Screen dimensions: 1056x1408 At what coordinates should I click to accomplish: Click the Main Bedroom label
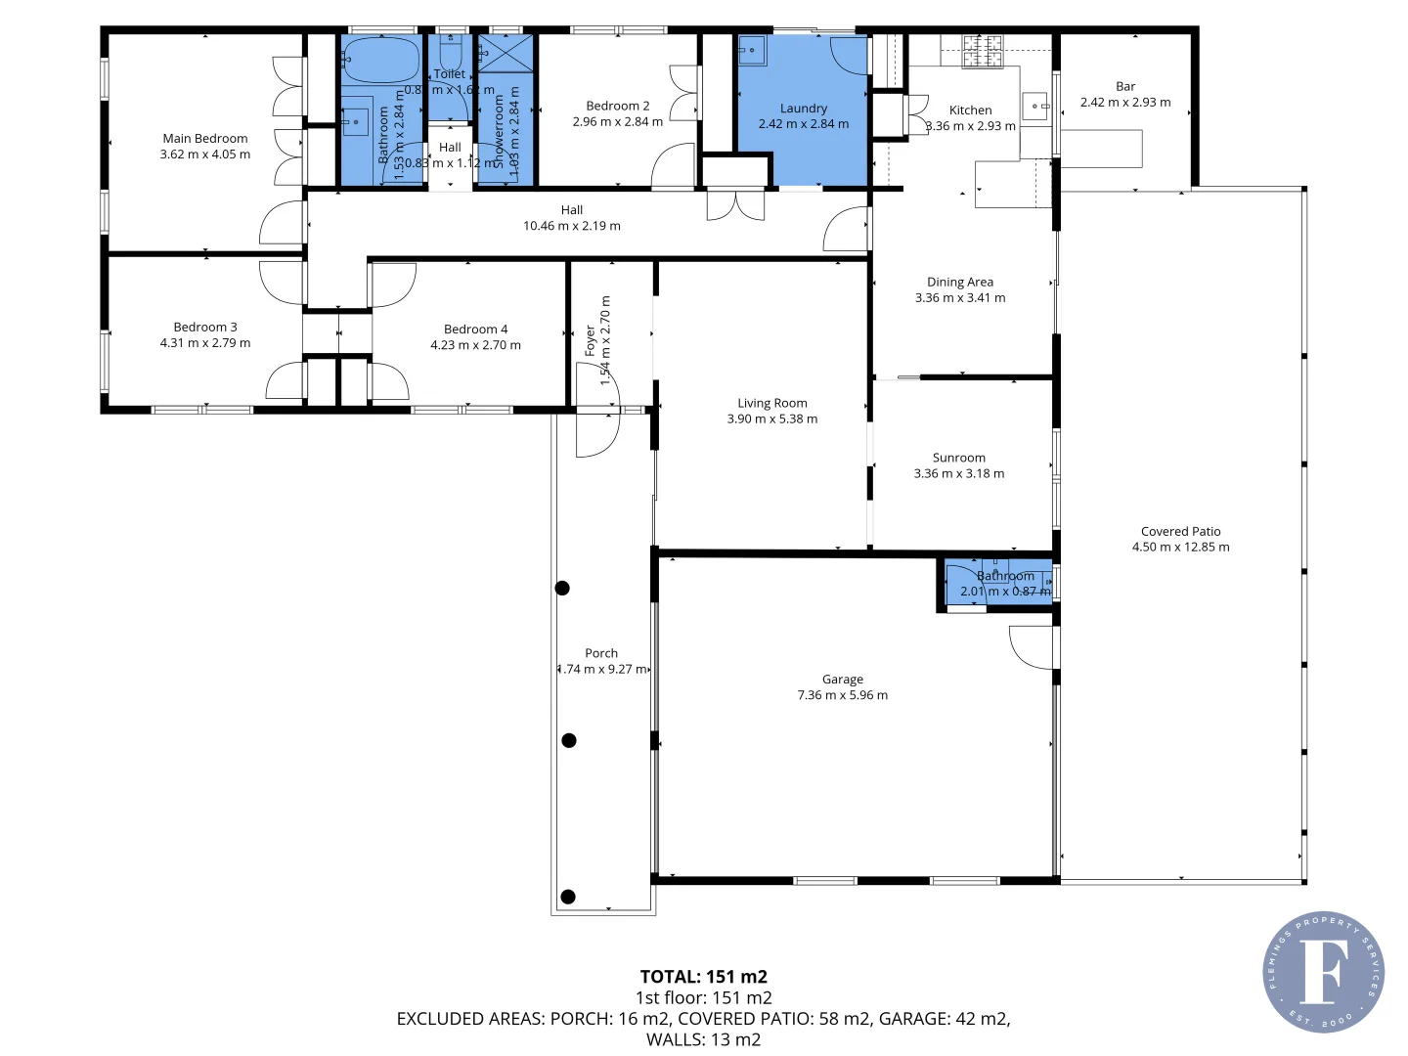point(205,139)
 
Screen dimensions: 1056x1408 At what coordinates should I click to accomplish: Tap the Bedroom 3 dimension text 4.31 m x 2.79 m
point(205,343)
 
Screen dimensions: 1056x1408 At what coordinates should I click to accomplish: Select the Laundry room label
point(804,109)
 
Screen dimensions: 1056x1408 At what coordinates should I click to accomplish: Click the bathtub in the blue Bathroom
point(381,61)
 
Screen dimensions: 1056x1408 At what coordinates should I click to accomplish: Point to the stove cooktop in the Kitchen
point(983,51)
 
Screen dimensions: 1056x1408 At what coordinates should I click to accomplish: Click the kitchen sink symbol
point(1035,105)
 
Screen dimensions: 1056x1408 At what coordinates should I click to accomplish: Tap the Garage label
point(843,680)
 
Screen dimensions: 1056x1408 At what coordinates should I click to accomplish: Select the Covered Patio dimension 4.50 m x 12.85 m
point(1180,548)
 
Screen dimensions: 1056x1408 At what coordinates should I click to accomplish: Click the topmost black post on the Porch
point(562,588)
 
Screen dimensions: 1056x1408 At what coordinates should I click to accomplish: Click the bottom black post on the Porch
point(568,897)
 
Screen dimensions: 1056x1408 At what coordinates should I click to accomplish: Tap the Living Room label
point(772,403)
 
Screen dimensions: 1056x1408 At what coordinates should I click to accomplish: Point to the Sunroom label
point(959,458)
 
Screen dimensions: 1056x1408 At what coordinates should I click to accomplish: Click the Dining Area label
point(960,282)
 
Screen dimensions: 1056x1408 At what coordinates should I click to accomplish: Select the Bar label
point(1125,86)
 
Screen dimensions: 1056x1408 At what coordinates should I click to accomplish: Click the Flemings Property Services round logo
point(1323,972)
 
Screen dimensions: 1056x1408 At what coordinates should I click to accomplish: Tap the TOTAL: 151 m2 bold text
point(703,977)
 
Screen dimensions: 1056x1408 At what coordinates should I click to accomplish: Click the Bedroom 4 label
point(476,330)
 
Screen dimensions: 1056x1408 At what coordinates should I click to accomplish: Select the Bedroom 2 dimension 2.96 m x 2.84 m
point(618,122)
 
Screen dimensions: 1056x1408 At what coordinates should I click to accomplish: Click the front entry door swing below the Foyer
point(596,434)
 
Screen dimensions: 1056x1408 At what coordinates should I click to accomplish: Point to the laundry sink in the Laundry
point(752,49)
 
